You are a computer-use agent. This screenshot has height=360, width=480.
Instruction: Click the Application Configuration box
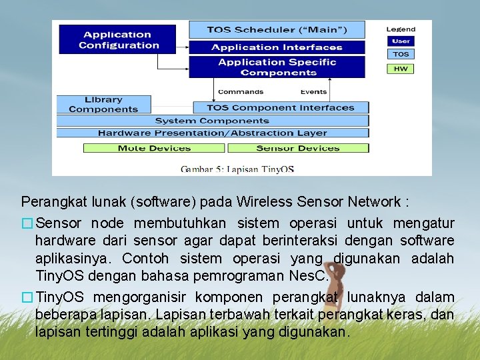(x=117, y=39)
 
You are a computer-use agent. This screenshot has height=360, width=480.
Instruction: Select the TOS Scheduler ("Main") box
(x=277, y=30)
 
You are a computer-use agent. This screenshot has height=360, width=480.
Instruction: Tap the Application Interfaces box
(x=277, y=47)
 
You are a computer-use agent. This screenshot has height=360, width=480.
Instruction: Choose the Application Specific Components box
(x=277, y=67)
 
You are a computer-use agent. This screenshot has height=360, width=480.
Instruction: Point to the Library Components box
(x=103, y=105)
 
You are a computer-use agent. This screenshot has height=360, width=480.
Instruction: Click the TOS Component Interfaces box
(x=280, y=107)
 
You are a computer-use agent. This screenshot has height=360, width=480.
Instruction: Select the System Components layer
(x=212, y=121)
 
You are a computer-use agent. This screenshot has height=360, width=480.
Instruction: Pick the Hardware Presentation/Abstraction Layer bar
(x=212, y=133)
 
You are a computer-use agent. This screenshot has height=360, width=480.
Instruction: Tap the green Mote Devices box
(x=155, y=148)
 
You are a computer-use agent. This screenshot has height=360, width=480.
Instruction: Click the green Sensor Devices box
(x=297, y=148)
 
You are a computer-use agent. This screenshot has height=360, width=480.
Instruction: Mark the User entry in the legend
(x=401, y=41)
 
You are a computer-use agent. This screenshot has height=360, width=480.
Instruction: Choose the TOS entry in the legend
(x=401, y=55)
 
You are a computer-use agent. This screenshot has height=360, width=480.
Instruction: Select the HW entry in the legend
(x=401, y=69)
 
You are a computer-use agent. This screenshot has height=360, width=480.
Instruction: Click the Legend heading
(x=401, y=29)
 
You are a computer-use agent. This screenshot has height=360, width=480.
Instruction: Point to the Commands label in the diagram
(x=241, y=92)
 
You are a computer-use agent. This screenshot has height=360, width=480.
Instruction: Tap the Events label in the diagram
(x=313, y=92)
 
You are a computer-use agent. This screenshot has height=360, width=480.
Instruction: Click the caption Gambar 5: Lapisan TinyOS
(x=237, y=169)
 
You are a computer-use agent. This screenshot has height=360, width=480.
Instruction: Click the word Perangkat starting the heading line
(x=47, y=201)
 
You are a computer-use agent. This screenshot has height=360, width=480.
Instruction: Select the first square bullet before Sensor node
(x=27, y=223)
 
